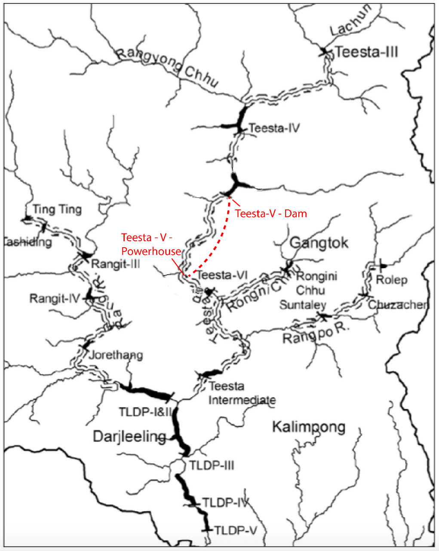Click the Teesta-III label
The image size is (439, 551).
(x=366, y=52)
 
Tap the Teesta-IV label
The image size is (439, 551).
(x=274, y=128)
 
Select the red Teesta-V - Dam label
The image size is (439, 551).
(x=271, y=213)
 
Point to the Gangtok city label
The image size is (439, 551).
(x=319, y=243)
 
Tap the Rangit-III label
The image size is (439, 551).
(x=115, y=263)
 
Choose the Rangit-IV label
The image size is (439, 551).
(x=55, y=298)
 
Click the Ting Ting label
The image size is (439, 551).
(x=57, y=209)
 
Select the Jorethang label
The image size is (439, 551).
(x=116, y=355)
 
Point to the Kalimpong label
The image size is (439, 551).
(x=308, y=427)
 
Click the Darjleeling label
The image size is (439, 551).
(x=129, y=437)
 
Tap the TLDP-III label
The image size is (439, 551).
(x=212, y=465)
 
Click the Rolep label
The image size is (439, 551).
(x=391, y=280)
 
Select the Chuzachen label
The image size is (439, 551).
(x=398, y=305)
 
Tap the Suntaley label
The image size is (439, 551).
(x=302, y=305)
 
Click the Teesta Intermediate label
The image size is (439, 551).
(x=242, y=393)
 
